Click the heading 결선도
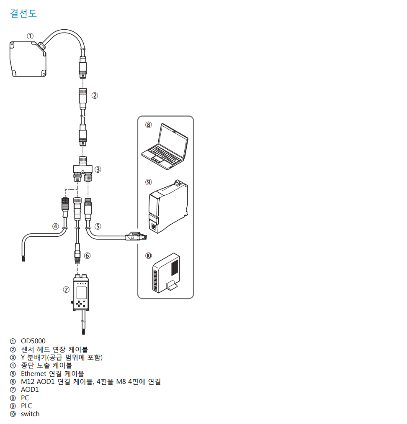click(x=23, y=13)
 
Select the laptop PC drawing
click(x=165, y=144)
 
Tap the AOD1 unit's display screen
click(x=81, y=292)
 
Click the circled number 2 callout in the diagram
click(x=95, y=95)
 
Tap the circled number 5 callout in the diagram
click(x=98, y=226)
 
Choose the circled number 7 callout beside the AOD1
click(x=66, y=289)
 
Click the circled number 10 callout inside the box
click(x=149, y=255)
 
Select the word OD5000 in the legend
click(x=33, y=341)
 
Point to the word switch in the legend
click(x=30, y=414)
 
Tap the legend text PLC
click(x=26, y=406)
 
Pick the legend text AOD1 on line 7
click(x=30, y=390)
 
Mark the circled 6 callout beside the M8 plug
click(x=87, y=255)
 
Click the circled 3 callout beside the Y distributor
click(x=98, y=169)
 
